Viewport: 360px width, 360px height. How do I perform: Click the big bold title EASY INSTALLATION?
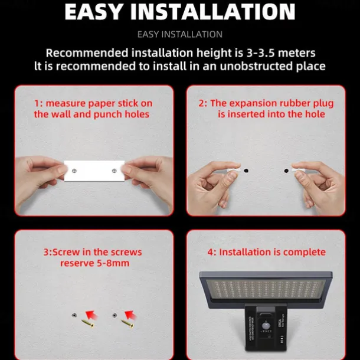click(180, 12)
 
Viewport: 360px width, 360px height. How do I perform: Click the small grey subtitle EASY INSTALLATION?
click(180, 34)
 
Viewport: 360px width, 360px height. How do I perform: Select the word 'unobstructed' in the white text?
click(256, 66)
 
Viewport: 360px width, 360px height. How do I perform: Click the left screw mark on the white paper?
click(74, 171)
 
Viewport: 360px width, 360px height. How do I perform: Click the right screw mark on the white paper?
click(114, 171)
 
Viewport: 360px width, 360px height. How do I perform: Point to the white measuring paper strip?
click(94, 171)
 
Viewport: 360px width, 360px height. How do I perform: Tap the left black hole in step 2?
click(246, 171)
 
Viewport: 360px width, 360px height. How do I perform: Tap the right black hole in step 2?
click(286, 171)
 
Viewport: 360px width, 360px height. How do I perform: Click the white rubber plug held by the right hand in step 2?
click(298, 170)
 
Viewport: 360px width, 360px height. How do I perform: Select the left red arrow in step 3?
click(91, 315)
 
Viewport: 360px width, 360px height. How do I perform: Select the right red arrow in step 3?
click(130, 315)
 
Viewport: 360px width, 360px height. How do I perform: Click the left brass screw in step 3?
click(88, 323)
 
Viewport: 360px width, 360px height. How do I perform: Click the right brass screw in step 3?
click(127, 323)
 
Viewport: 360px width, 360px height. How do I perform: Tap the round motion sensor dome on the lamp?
click(266, 326)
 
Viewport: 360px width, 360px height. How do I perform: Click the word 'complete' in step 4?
click(304, 253)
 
